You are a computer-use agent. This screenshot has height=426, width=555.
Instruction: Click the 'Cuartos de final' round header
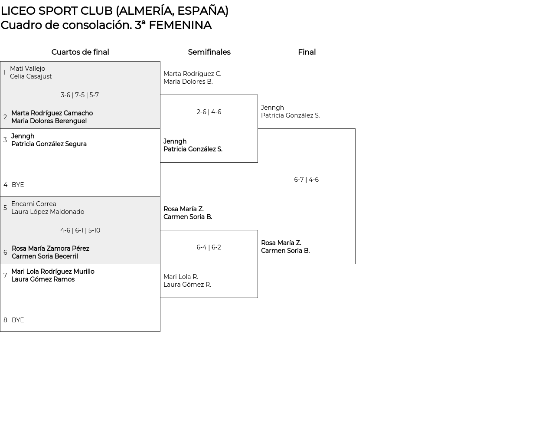coord(80,52)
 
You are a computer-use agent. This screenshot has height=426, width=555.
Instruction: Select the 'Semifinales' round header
coord(209,52)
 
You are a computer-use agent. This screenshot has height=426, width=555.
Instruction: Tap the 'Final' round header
coord(307,52)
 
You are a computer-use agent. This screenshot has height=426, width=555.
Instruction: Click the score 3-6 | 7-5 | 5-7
coord(80,95)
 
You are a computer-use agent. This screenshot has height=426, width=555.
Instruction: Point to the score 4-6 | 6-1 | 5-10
coord(80,230)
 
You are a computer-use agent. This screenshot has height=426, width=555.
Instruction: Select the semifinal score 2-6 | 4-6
coord(209,112)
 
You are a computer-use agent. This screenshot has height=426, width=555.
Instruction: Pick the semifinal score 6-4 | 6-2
coord(209,247)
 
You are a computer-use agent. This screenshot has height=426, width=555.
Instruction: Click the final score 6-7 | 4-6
coord(306,180)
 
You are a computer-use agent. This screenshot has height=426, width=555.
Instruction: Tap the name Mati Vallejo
coord(28,69)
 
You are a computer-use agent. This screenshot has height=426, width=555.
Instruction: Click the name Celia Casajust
coord(31,76)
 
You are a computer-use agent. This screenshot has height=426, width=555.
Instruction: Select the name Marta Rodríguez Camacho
coord(52,113)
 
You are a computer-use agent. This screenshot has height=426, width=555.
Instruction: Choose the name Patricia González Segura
coord(49,144)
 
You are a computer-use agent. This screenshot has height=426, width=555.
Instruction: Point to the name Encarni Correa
coord(34,204)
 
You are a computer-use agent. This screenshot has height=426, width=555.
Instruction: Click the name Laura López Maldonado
coord(48,212)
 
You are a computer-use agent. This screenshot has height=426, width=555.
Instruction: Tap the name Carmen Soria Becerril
coord(45,256)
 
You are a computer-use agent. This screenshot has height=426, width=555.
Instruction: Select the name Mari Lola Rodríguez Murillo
coord(53,272)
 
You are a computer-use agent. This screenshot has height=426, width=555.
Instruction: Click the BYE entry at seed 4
coord(18,185)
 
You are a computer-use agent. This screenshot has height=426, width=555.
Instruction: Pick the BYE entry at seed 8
coord(18,320)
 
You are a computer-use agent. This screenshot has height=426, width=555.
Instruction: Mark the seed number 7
coord(5,275)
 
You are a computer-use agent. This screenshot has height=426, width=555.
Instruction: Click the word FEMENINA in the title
coord(180,25)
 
